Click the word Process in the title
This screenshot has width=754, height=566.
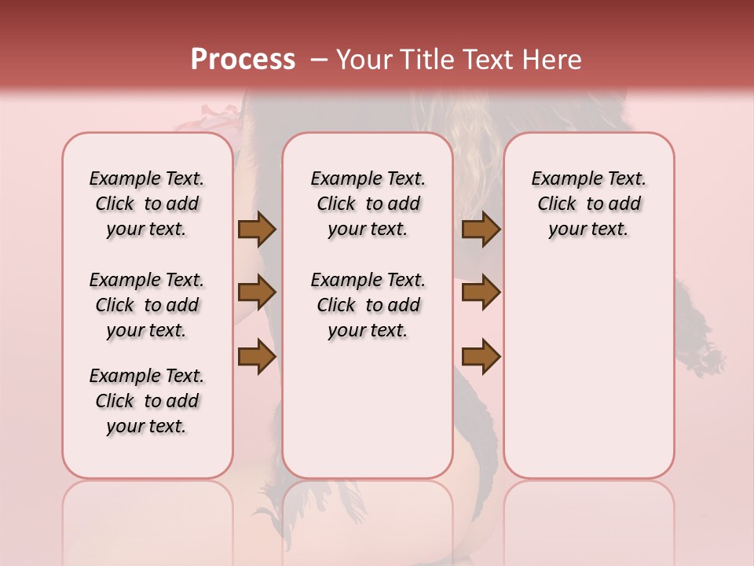pyautogui.click(x=243, y=60)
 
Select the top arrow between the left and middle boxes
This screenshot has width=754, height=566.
pyautogui.click(x=257, y=230)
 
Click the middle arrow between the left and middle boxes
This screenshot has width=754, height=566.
pyautogui.click(x=257, y=292)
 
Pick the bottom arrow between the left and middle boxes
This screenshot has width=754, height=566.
pyautogui.click(x=257, y=355)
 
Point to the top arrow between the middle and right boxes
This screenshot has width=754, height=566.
pyautogui.click(x=481, y=230)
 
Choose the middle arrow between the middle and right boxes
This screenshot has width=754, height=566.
pyautogui.click(x=481, y=292)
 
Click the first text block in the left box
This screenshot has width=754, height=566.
pyautogui.click(x=147, y=204)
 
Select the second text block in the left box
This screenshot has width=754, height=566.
pyautogui.click(x=147, y=305)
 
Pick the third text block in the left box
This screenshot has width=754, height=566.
pyautogui.click(x=147, y=401)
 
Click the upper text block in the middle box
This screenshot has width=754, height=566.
pyautogui.click(x=368, y=204)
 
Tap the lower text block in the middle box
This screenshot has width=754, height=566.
pyautogui.click(x=368, y=305)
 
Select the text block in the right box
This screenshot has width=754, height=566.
pyautogui.click(x=588, y=204)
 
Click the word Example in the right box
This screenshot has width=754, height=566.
pyautogui.click(x=562, y=179)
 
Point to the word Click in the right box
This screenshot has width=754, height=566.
pyautogui.click(x=557, y=204)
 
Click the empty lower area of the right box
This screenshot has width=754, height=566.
pyautogui.click(x=588, y=369)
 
